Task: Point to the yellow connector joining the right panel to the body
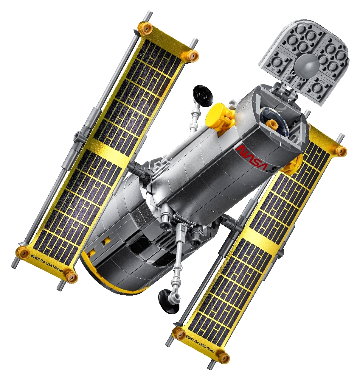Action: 290,165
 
